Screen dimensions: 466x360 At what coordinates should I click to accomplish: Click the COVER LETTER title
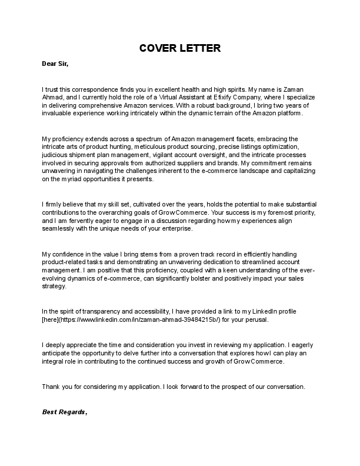pos(179,48)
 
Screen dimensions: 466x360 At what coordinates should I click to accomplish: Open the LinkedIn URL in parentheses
pos(149,320)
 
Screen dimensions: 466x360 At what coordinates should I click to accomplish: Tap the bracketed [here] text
pos(51,320)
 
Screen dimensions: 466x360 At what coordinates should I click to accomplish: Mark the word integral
pos(54,362)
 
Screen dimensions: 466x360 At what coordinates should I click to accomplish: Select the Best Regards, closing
pos(65,412)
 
